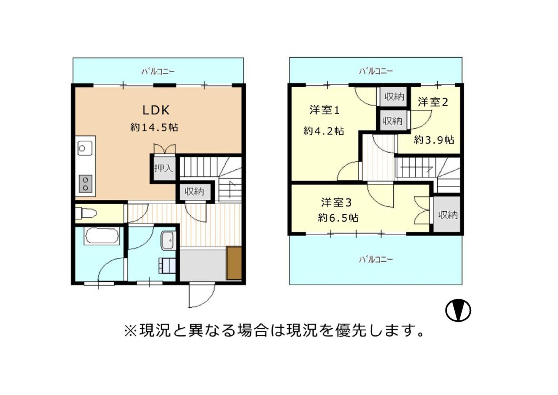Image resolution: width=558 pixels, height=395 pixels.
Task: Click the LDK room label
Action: [156, 110]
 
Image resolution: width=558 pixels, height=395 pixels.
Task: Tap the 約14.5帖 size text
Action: [154, 128]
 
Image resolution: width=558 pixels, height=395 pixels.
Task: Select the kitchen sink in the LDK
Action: [85, 148]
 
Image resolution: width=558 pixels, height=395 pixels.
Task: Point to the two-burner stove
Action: [85, 184]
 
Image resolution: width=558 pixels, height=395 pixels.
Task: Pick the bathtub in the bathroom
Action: [102, 236]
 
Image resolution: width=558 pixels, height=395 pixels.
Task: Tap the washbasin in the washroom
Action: [169, 240]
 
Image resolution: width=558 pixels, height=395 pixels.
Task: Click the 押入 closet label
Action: [163, 168]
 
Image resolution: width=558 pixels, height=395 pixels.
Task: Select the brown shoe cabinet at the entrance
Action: [234, 263]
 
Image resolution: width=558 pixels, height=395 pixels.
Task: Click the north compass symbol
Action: [458, 310]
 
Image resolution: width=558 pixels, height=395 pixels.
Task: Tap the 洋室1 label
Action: [324, 110]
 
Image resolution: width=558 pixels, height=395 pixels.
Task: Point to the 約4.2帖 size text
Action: [323, 131]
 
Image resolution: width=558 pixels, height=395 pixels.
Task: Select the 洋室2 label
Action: [433, 102]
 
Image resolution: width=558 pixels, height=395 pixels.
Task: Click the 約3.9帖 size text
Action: [434, 140]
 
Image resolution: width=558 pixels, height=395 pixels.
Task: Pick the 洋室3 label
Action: [336, 203]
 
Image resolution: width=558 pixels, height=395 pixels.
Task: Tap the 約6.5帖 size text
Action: [338, 218]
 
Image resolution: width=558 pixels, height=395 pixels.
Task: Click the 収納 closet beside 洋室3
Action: [446, 214]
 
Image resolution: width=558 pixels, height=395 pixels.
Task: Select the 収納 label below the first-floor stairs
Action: [194, 191]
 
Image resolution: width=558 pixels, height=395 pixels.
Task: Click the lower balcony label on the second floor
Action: [376, 260]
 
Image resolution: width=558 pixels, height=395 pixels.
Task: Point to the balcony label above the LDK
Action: [158, 72]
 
